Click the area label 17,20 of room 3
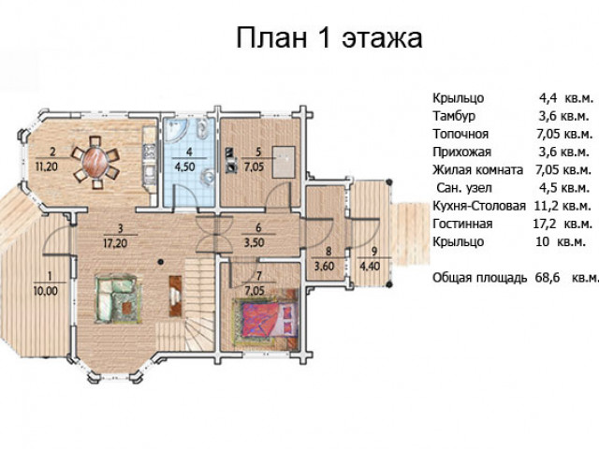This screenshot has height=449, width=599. point(115,243)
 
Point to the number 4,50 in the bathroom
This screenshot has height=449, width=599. point(184,167)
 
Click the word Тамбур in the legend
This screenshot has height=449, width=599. point(454,116)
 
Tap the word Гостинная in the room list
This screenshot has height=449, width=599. point(462,224)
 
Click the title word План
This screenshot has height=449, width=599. point(271,37)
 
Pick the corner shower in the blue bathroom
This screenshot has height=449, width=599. point(176,129)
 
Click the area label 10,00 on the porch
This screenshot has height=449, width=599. point(46,291)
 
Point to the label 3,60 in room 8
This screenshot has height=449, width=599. point(325,266)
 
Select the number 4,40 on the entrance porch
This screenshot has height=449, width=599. point(370,266)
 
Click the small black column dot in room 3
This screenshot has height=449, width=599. point(161,262)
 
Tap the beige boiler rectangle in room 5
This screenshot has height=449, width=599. point(284,162)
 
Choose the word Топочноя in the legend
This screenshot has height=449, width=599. point(460,134)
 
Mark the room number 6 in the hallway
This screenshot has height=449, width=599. point(258,228)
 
